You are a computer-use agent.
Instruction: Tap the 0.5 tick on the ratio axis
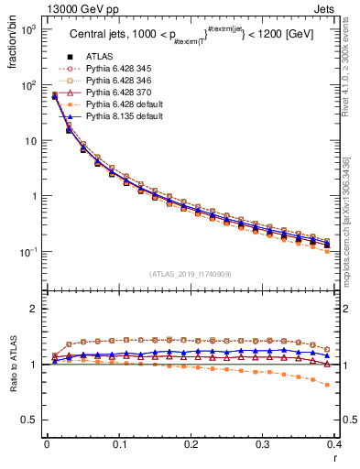(32, 420)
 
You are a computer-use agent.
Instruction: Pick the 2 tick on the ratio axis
(36, 309)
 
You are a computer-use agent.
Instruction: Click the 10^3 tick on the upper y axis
(29, 29)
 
